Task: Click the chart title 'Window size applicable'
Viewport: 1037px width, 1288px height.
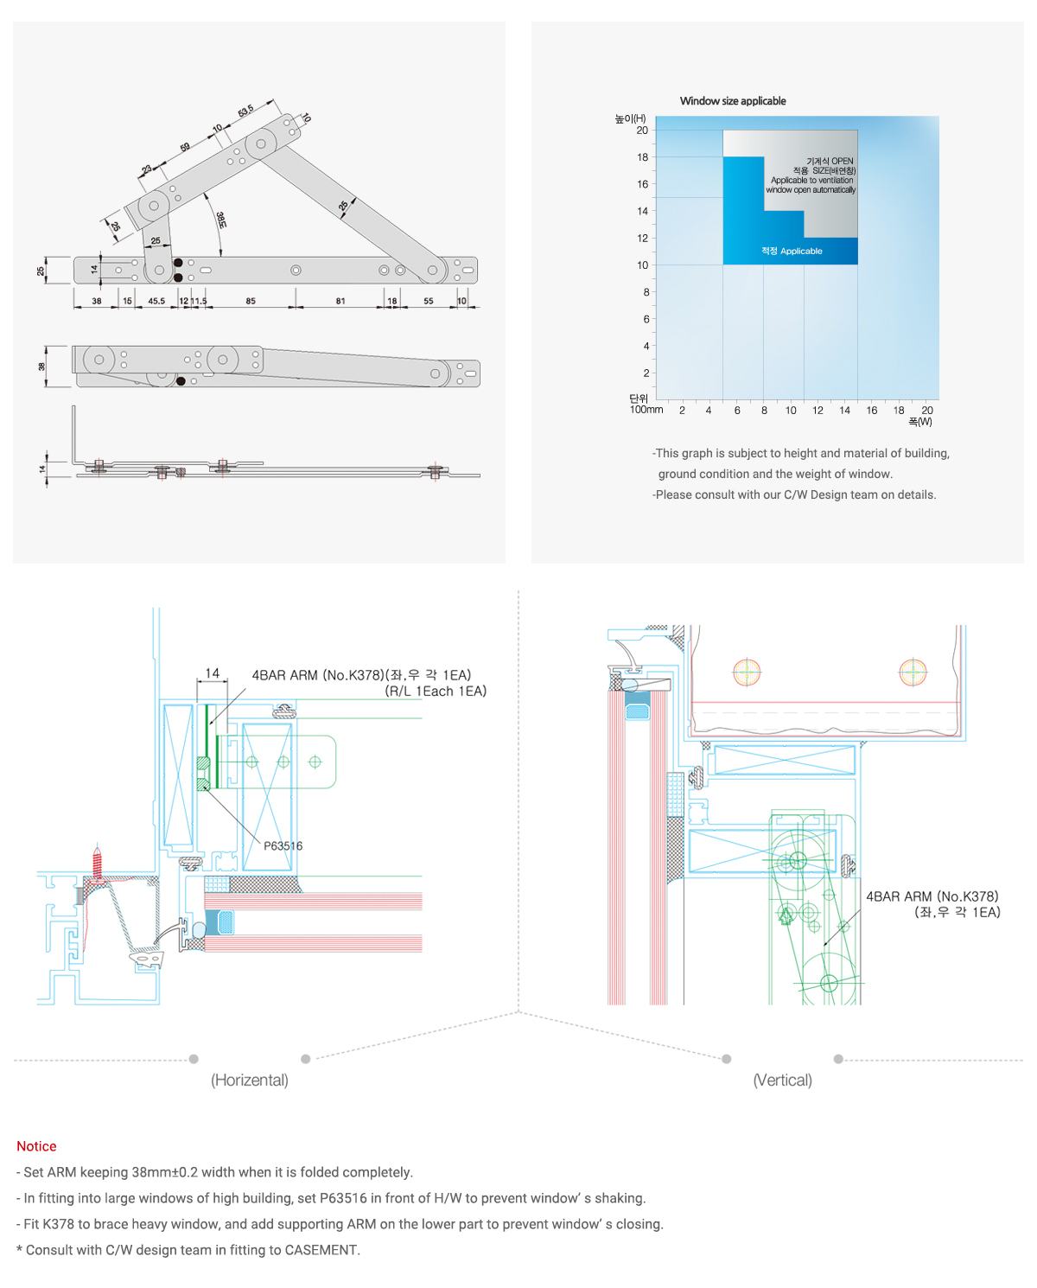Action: [x=733, y=101]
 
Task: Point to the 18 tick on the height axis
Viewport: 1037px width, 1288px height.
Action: [x=642, y=157]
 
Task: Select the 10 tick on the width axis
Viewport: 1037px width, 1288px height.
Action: [x=791, y=411]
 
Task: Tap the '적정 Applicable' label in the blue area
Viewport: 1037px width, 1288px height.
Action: [x=792, y=252]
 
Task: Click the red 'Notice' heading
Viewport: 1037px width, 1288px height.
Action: [x=36, y=1146]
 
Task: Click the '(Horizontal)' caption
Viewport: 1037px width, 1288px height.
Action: [x=250, y=1081]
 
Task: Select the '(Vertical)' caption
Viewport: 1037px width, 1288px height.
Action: [x=783, y=1081]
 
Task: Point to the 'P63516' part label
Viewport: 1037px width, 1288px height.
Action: [x=283, y=846]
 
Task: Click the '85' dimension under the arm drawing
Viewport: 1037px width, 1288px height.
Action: [x=251, y=302]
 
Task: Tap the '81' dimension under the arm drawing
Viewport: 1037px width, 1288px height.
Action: [x=340, y=302]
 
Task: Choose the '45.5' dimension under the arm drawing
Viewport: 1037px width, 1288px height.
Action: [x=156, y=302]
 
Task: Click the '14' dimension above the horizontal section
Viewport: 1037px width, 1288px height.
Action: [x=213, y=673]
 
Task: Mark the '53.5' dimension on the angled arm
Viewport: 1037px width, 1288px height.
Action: [x=246, y=112]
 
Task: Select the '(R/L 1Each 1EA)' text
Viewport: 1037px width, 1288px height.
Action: [x=436, y=692]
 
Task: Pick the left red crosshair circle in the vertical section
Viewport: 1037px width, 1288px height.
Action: [x=747, y=672]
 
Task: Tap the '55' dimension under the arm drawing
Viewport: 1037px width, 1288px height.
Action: [x=429, y=302]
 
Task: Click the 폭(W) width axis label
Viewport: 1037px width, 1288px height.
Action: [x=920, y=422]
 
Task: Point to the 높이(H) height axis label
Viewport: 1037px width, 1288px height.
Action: [x=630, y=118]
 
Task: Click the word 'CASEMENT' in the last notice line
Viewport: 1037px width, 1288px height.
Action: [x=321, y=1250]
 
